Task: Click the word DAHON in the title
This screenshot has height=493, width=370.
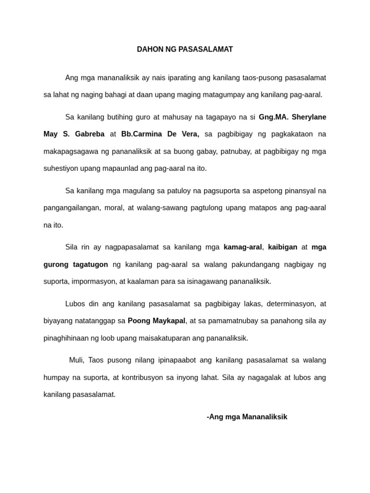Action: pos(149,50)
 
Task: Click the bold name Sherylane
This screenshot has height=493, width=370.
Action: pos(309,117)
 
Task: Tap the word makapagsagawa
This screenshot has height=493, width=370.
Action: pos(69,151)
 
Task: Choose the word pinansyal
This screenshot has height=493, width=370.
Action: pos(300,191)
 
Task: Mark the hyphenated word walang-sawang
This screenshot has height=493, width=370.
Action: pos(165,208)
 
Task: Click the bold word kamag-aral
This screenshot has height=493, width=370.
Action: pos(243,247)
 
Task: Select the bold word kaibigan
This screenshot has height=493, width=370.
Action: pos(282,247)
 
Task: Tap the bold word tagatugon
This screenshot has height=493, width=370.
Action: pos(89,264)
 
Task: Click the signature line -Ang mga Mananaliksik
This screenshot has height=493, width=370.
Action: pos(247,417)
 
